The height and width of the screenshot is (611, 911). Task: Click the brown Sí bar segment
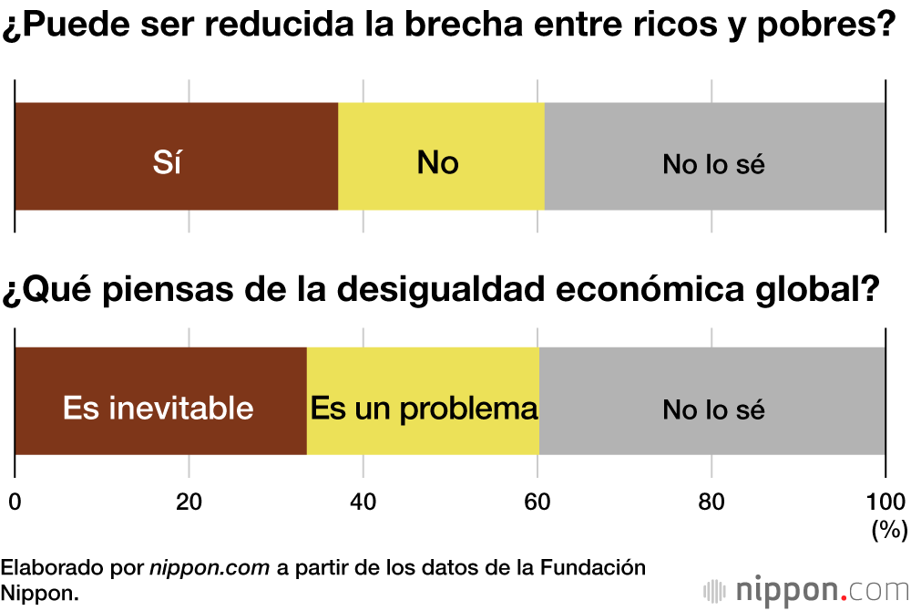pos(176,157)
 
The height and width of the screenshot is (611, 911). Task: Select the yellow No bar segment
pos(441,157)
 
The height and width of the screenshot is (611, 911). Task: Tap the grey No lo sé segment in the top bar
pos(714,157)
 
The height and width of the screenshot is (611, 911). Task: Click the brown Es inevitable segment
pos(160,401)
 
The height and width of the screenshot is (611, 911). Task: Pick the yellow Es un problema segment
pos(423,401)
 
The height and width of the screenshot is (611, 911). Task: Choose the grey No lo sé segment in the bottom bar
pos(712,401)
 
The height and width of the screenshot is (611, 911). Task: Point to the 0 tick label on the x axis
pos(15,501)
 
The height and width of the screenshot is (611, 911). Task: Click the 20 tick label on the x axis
pos(189,501)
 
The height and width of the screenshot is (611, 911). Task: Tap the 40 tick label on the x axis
pos(363,501)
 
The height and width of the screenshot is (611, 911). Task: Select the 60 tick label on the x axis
pos(537,501)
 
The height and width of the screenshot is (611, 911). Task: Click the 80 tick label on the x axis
pos(711,501)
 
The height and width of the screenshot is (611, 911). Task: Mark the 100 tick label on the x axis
pos(885,501)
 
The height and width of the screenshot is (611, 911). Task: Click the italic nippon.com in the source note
pos(210,567)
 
